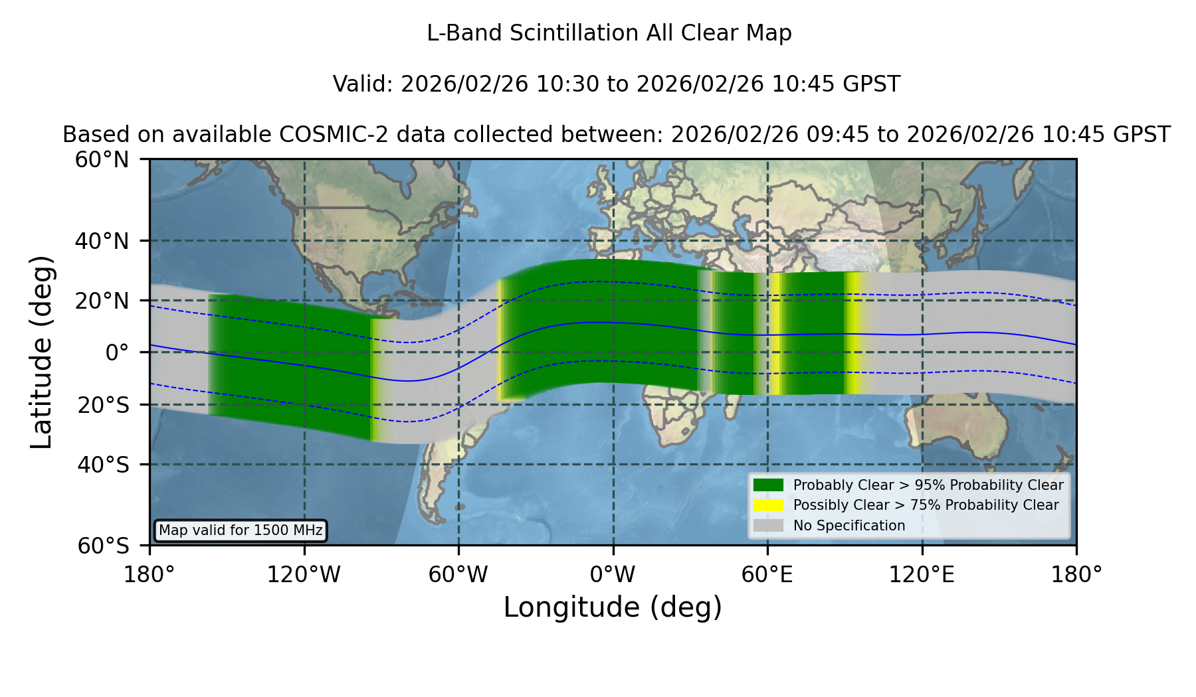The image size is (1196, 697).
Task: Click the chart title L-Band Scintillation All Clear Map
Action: (609, 33)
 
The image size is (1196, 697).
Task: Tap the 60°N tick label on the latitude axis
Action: (102, 160)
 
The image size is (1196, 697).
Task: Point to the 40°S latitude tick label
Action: (103, 465)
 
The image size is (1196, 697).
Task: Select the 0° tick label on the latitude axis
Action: (118, 352)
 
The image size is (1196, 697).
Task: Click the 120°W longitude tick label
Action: (304, 574)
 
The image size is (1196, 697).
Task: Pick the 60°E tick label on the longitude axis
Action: (767, 574)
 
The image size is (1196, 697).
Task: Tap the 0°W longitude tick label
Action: (613, 574)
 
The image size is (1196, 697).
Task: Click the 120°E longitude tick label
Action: (922, 574)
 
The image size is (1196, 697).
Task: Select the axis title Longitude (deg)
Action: (613, 607)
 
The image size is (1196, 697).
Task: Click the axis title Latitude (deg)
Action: (42, 352)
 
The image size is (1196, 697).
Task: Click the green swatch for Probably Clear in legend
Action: (768, 485)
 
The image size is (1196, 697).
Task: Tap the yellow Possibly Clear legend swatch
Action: (768, 505)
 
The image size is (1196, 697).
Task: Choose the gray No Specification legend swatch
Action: (768, 526)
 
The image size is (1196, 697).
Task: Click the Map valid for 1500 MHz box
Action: (241, 530)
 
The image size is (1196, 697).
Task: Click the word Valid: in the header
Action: (363, 84)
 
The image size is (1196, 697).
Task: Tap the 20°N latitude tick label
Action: (102, 301)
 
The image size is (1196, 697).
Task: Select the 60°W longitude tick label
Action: (458, 574)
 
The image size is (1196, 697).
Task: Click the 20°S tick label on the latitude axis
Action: (103, 405)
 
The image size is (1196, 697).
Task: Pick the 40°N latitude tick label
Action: (102, 241)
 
